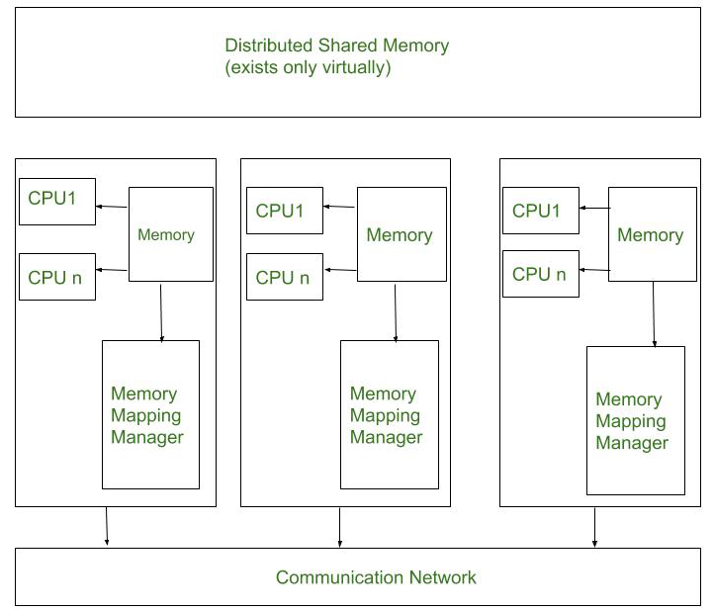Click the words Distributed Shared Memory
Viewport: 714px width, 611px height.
click(x=337, y=46)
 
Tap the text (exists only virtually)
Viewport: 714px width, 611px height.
click(x=308, y=67)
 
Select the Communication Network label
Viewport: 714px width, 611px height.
click(x=376, y=577)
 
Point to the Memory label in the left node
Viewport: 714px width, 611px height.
click(x=166, y=235)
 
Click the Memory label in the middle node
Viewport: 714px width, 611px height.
click(x=400, y=235)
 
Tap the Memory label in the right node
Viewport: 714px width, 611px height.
click(x=651, y=235)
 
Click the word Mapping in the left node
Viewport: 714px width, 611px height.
click(x=146, y=416)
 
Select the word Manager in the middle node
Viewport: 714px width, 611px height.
click(x=386, y=437)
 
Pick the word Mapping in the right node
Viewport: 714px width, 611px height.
click(x=631, y=421)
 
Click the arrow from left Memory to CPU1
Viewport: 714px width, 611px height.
click(x=112, y=207)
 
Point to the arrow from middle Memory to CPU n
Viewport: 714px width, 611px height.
click(x=340, y=270)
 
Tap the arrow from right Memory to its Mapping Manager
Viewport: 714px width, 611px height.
click(x=654, y=314)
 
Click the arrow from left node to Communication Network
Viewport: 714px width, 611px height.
click(x=107, y=526)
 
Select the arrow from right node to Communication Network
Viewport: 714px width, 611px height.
click(x=594, y=527)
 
